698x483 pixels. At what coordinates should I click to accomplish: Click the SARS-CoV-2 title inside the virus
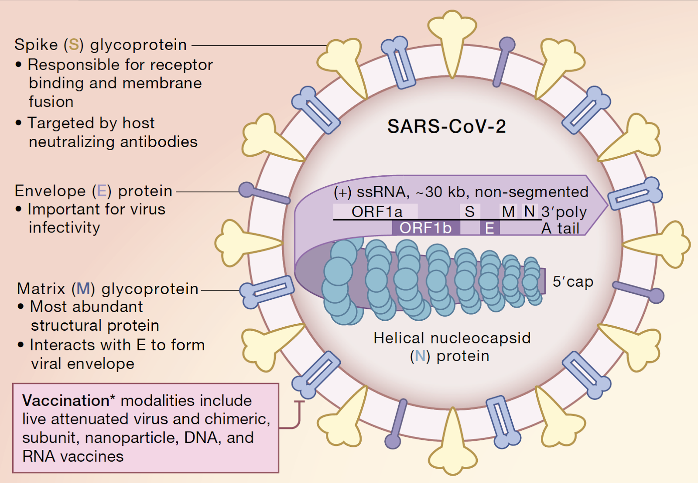(x=447, y=126)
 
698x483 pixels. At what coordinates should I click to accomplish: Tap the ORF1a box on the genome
(x=376, y=212)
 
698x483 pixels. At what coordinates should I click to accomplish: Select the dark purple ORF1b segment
(x=426, y=228)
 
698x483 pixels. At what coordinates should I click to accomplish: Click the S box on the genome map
(x=470, y=212)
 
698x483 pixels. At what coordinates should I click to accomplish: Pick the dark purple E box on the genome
(x=490, y=228)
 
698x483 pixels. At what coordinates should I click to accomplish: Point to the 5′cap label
(x=573, y=281)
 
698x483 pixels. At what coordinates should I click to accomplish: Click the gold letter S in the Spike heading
(x=74, y=45)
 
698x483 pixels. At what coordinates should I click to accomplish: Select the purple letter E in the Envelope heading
(x=102, y=191)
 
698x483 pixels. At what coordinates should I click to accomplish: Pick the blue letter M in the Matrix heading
(x=83, y=288)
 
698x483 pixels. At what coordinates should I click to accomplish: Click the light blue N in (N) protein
(x=420, y=356)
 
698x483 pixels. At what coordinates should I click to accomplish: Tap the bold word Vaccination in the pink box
(x=65, y=401)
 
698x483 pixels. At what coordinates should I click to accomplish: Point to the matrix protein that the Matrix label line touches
(x=267, y=291)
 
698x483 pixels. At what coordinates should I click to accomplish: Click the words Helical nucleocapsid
(x=452, y=338)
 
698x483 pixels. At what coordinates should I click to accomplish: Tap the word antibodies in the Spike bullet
(x=159, y=142)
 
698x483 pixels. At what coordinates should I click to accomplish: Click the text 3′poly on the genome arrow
(x=564, y=212)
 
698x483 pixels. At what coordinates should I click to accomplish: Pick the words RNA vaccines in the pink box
(x=73, y=456)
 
